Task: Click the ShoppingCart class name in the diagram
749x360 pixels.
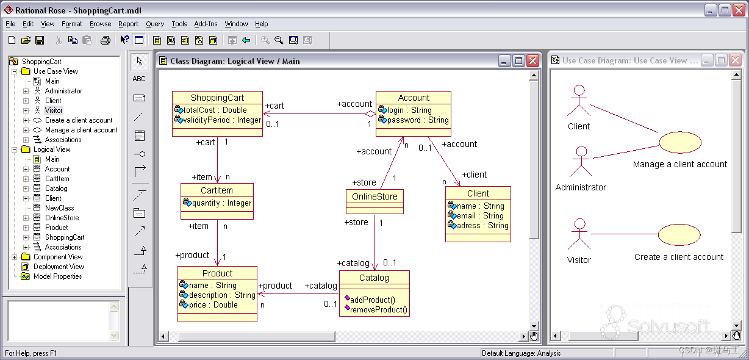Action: tap(217, 98)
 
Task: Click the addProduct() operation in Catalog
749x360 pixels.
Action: tap(373, 300)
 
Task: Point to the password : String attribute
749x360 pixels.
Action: tap(418, 120)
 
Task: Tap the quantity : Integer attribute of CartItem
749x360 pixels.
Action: tap(221, 203)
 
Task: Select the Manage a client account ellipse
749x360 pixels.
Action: tap(679, 142)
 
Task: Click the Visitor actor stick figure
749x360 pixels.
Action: tap(579, 234)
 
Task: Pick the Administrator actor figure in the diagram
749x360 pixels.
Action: tap(581, 161)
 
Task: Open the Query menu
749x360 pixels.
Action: tap(155, 24)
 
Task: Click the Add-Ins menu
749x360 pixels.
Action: tap(206, 24)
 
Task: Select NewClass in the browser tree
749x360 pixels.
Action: tap(59, 208)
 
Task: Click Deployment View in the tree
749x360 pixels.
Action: tap(59, 267)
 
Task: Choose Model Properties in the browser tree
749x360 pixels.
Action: tap(57, 276)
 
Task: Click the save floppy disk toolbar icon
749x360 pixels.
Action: tap(40, 40)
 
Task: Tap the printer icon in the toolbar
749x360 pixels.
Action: tap(106, 40)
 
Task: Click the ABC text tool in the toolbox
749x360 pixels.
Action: tap(139, 79)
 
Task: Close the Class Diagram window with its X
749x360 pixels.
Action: tap(532, 60)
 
